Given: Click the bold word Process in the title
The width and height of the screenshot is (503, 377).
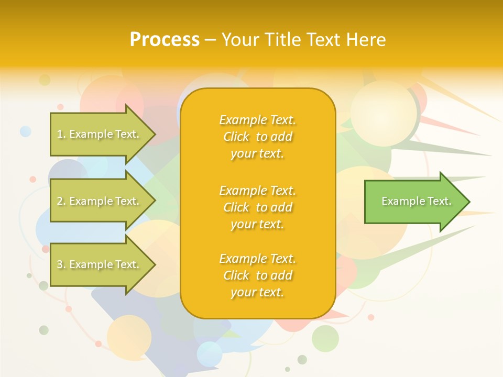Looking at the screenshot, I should point(165,40).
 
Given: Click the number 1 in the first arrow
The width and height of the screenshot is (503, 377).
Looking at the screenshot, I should point(60,134).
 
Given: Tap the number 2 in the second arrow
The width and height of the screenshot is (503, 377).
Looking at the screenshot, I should point(60,201).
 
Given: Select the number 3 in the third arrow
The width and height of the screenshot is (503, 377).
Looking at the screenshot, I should point(60,264).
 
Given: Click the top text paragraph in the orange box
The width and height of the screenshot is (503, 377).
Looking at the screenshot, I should point(257,137).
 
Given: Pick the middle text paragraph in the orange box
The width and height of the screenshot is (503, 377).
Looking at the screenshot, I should point(257,207).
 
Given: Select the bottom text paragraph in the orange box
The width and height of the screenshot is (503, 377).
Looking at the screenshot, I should point(257,275).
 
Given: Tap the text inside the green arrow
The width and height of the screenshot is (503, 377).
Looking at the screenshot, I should point(416,201).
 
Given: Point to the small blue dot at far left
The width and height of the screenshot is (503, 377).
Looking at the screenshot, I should point(26,131).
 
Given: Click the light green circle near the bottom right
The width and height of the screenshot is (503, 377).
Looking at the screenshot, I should point(325,338).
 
